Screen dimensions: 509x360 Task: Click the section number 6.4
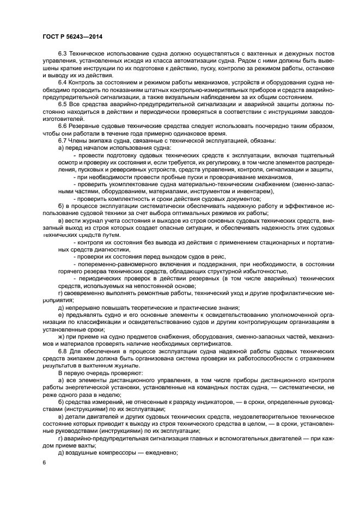[x=63, y=82]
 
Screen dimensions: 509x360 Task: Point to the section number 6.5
[x=63, y=104]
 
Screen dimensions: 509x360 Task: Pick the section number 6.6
[x=63, y=125]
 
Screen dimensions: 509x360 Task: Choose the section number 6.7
[x=63, y=140]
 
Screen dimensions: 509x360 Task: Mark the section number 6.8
[x=63, y=351]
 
